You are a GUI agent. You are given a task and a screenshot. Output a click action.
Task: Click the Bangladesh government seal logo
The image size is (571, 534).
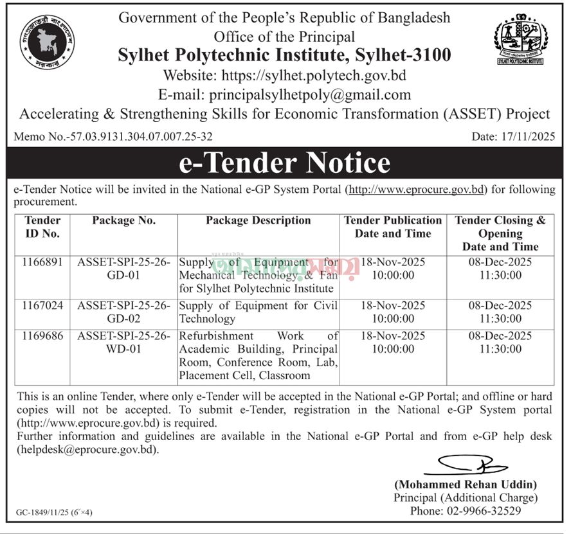click(x=47, y=42)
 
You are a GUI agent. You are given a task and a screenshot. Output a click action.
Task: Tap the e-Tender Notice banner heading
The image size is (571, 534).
click(x=285, y=163)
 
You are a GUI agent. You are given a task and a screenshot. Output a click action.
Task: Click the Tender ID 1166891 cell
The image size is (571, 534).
click(x=42, y=262)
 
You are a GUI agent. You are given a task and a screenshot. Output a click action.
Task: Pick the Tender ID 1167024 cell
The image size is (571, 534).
click(x=42, y=306)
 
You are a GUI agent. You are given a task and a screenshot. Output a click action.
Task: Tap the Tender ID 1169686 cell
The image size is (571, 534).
click(x=42, y=336)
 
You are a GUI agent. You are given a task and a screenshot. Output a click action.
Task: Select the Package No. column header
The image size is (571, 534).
click(x=123, y=220)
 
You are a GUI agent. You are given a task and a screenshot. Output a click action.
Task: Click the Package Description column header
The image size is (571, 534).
click(x=258, y=220)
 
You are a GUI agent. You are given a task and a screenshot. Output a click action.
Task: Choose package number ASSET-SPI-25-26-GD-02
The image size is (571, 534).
click(x=123, y=312)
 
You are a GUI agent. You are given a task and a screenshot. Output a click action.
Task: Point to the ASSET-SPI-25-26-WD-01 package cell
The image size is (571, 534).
click(x=123, y=343)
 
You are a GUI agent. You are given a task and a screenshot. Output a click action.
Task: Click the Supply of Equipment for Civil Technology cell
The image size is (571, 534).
click(x=258, y=312)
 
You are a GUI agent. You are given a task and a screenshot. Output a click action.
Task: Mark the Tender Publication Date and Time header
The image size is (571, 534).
click(x=393, y=227)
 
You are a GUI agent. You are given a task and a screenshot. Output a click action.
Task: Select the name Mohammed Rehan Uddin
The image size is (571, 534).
click(x=466, y=485)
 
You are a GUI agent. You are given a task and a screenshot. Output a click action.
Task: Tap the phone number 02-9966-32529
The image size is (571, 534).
click(x=466, y=511)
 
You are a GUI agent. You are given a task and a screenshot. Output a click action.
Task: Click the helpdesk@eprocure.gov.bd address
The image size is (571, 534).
click(x=87, y=450)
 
